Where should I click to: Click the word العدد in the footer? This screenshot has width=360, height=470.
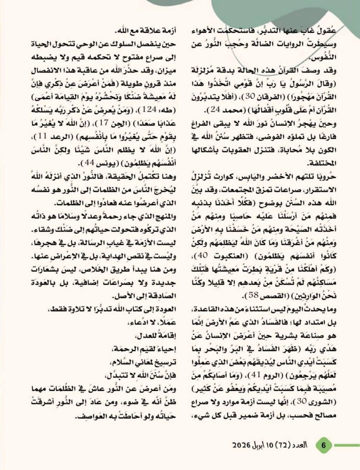point(305,445)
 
